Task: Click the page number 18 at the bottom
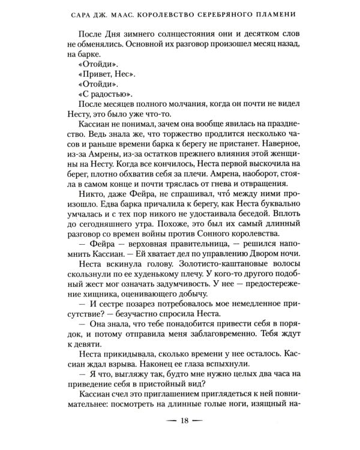pyautogui.click(x=180, y=428)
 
